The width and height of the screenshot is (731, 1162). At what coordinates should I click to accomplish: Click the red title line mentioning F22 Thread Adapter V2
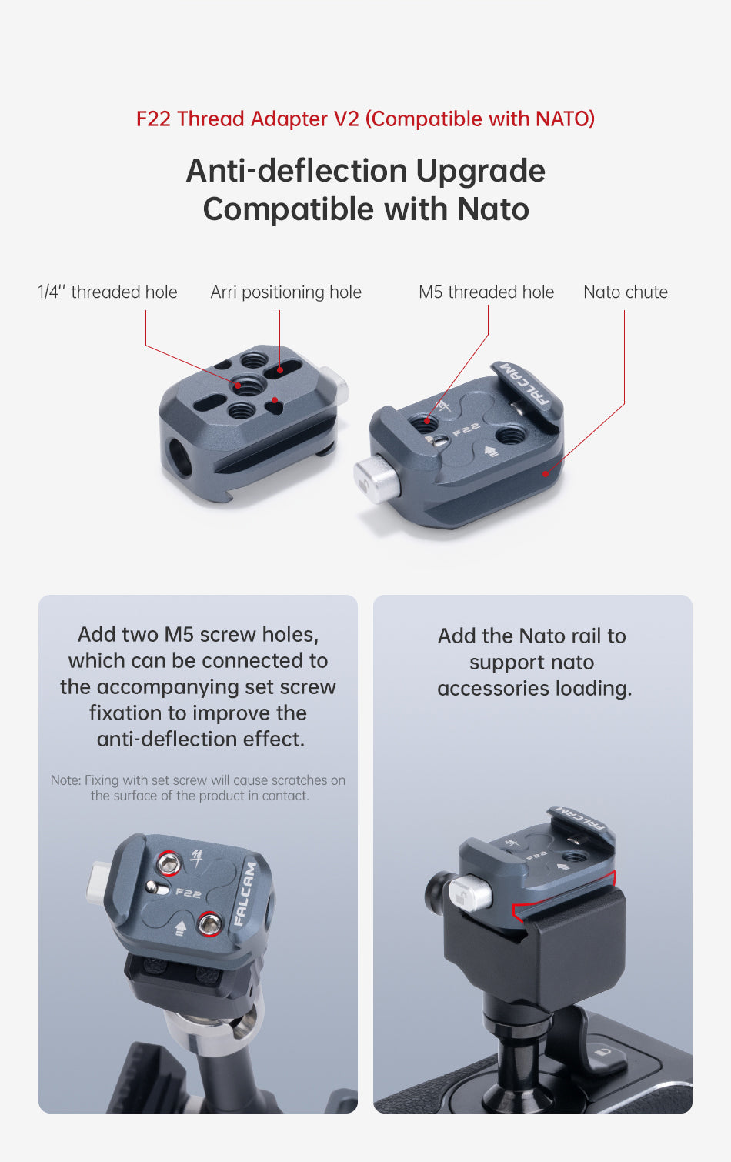[365, 119]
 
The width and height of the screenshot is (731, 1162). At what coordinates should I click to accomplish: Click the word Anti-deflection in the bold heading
[297, 171]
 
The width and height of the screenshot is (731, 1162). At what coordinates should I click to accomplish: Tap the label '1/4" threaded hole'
[108, 292]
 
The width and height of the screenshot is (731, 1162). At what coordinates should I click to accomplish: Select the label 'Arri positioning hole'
[286, 292]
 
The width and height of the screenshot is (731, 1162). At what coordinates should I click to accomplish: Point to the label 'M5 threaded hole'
[486, 292]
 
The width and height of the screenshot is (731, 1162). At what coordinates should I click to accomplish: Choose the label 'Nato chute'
[625, 292]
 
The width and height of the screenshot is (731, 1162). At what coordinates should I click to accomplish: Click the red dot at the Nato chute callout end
[546, 473]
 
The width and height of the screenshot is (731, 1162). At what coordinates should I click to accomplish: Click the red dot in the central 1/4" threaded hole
[238, 386]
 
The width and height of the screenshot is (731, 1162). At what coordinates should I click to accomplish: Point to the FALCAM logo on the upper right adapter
[526, 385]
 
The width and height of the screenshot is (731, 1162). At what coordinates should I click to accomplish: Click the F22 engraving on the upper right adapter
[466, 429]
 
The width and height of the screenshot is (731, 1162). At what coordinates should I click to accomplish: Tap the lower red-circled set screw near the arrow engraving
[209, 924]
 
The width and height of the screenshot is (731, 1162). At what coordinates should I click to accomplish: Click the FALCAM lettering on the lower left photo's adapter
[245, 894]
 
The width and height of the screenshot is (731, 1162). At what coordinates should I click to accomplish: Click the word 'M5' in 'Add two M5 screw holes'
[179, 634]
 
